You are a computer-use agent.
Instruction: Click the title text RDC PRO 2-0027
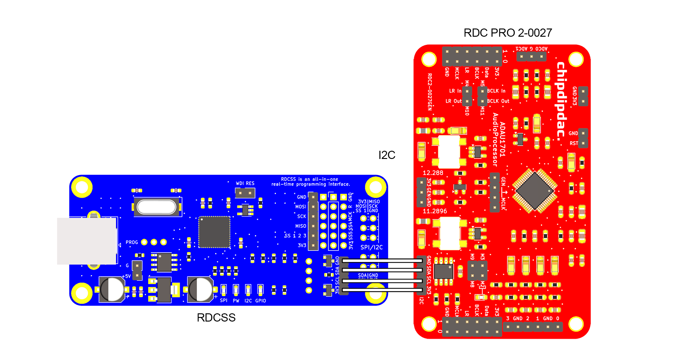[508, 33]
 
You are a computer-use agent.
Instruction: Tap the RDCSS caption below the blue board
[216, 318]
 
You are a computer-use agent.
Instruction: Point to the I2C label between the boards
[386, 155]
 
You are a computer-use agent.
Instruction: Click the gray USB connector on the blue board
[87, 241]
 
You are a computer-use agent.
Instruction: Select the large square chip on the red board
[535, 191]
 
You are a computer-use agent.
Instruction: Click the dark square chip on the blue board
[214, 232]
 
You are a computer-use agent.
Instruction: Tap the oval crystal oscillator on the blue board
[157, 207]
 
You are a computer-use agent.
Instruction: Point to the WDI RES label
[245, 183]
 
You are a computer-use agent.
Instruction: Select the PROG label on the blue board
[132, 242]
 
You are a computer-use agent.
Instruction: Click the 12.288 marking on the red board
[433, 173]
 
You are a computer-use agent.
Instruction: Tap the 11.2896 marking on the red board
[435, 211]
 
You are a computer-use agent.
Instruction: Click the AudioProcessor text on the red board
[495, 140]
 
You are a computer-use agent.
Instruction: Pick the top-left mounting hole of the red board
[429, 59]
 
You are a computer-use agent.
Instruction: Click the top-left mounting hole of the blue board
[82, 187]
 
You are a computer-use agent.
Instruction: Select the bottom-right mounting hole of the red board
[576, 324]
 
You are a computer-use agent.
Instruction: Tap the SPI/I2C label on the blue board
[371, 247]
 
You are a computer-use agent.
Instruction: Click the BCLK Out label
[498, 101]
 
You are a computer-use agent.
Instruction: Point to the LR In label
[455, 91]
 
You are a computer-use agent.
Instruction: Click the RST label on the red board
[574, 143]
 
